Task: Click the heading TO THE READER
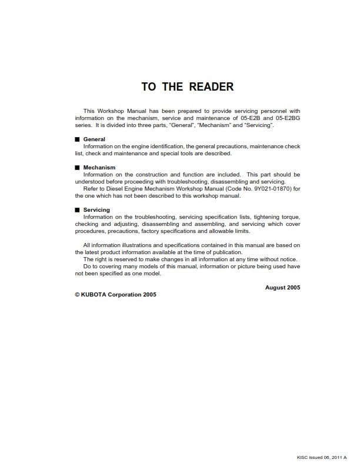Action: click(x=187, y=87)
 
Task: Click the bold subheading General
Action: click(x=94, y=139)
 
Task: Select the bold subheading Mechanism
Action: click(x=99, y=168)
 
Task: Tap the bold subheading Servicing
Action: click(x=97, y=209)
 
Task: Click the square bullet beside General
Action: click(x=77, y=139)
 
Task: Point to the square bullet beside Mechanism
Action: click(x=77, y=168)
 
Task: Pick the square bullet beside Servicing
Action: click(x=77, y=209)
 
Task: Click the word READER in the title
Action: click(x=211, y=87)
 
